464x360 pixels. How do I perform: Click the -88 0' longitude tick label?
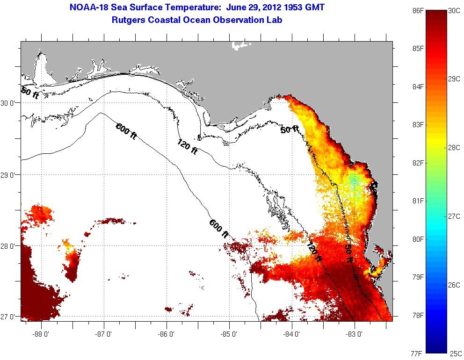coord(41,334)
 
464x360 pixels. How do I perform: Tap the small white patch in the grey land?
coord(240,45)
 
